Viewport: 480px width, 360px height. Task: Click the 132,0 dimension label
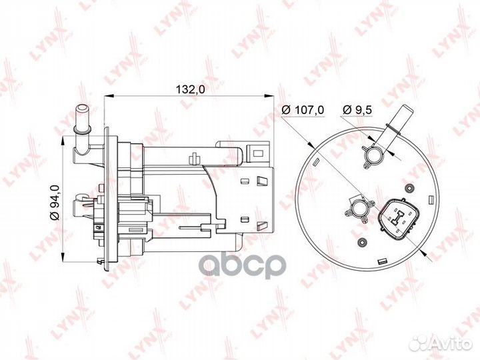click(x=190, y=89)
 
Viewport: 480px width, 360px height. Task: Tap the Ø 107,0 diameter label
click(x=303, y=109)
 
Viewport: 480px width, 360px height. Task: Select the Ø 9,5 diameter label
click(x=357, y=109)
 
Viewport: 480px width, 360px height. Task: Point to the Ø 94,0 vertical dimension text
click(x=55, y=203)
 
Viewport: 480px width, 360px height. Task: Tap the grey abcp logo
click(x=243, y=266)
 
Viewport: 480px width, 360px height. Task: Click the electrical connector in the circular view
click(x=399, y=217)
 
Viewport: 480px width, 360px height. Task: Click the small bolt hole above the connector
click(x=409, y=187)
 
